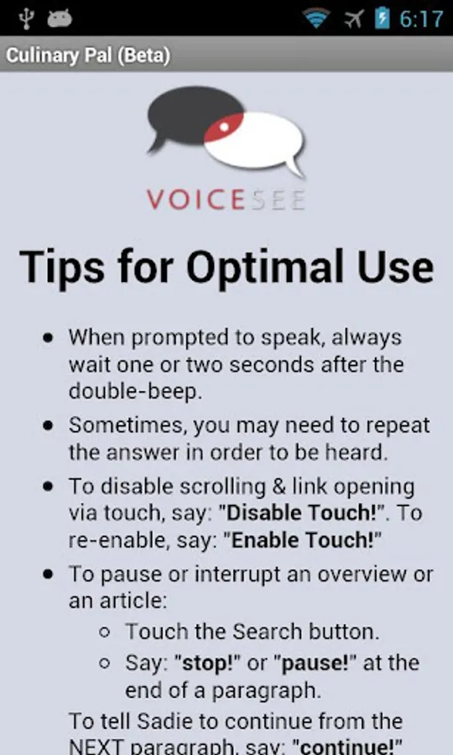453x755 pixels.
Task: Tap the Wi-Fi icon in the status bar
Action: [x=316, y=18]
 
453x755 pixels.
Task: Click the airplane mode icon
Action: [x=354, y=18]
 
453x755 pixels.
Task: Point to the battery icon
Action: [x=383, y=18]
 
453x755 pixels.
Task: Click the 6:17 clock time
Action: [x=421, y=19]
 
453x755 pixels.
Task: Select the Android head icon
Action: [x=60, y=18]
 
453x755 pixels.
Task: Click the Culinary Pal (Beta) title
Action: [x=88, y=55]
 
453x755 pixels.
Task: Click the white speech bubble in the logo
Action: [x=260, y=143]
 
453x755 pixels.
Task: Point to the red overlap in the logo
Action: [x=224, y=128]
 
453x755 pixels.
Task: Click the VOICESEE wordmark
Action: [x=226, y=199]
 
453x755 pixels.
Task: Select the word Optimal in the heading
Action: [x=265, y=267]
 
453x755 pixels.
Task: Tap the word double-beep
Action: [x=135, y=392]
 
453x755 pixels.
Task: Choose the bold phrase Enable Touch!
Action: [x=302, y=540]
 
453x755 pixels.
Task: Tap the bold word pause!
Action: [x=315, y=663]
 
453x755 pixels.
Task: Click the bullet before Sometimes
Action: [x=48, y=425]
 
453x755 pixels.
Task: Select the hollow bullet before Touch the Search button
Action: [x=105, y=633]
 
